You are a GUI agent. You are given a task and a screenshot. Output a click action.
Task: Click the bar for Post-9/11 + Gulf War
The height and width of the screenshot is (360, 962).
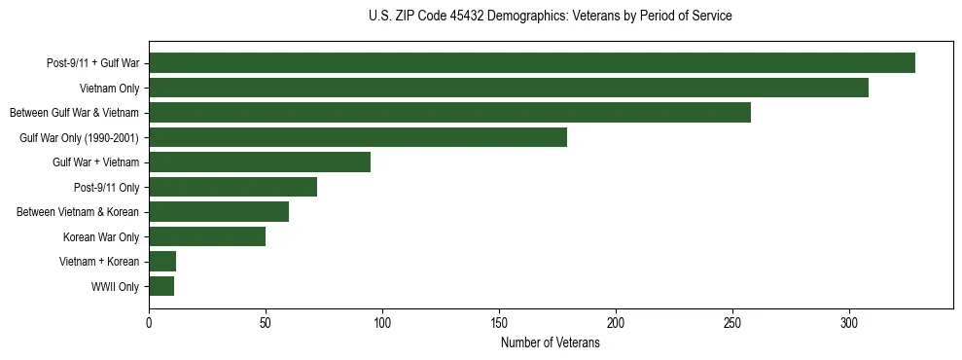tap(532, 63)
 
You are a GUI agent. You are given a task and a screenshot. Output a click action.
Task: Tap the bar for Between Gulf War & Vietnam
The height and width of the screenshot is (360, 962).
tap(449, 113)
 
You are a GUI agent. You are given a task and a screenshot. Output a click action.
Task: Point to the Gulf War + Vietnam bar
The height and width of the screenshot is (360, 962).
tap(260, 162)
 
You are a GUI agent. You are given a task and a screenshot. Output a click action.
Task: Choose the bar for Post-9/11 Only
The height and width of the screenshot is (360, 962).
tap(232, 187)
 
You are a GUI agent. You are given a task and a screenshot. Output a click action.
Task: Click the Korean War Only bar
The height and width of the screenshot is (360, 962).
tap(207, 236)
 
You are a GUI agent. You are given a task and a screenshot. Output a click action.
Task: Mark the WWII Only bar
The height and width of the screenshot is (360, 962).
tap(161, 286)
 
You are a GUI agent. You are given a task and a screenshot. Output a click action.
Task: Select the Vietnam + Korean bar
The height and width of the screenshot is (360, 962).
tap(162, 261)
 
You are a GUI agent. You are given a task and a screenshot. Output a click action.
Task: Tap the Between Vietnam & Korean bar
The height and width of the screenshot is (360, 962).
tap(219, 212)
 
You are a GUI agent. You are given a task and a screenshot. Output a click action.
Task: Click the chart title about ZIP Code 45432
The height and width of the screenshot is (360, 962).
tap(551, 17)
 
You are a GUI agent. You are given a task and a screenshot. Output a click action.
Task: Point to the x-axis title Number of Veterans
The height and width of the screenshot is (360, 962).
tap(551, 343)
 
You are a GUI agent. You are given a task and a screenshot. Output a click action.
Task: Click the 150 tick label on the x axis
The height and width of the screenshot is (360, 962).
tap(499, 322)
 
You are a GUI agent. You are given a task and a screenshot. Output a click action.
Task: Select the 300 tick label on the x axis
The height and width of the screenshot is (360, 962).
tap(849, 322)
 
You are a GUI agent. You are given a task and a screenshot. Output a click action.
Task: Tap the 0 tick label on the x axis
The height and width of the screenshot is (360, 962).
tap(149, 322)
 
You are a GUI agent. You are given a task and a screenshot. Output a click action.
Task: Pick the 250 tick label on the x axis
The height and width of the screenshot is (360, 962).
tap(732, 322)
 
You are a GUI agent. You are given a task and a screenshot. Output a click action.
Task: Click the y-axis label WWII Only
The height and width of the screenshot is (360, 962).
tap(115, 287)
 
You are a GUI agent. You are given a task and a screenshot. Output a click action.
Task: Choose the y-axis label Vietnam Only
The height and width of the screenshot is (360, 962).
tap(109, 89)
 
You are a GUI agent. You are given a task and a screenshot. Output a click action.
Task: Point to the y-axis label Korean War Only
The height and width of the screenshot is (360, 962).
tap(101, 237)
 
